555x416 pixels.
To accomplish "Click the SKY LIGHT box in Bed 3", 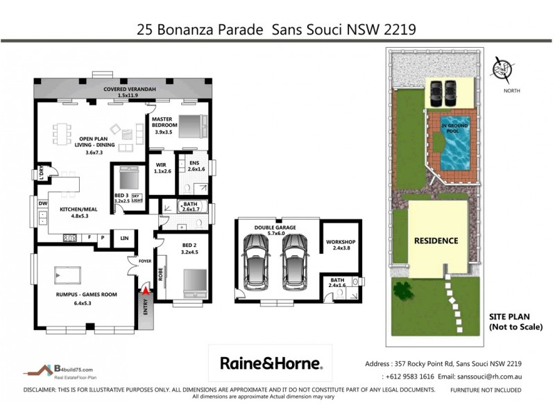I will click(137, 198).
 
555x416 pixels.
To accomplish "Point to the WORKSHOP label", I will click(340, 245).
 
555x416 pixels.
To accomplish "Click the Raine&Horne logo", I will click(271, 363).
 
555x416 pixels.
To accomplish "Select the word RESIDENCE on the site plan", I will click(436, 241).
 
